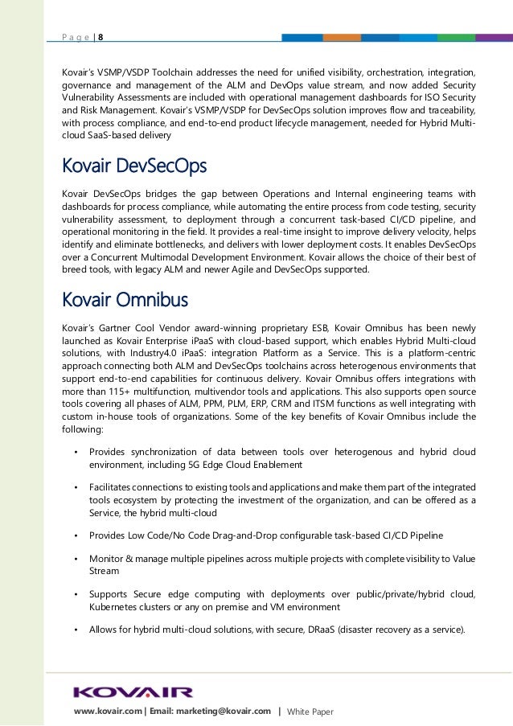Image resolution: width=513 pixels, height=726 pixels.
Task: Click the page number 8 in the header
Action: coord(100,37)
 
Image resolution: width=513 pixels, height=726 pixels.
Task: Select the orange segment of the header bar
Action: coord(343,37)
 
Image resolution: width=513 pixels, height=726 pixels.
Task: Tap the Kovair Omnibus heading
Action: coord(125,300)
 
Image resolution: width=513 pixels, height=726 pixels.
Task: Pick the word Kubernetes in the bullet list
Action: coord(115,607)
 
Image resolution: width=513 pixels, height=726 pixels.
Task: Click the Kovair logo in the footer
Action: coord(133,692)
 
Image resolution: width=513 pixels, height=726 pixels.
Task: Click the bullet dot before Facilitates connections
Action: coord(76,488)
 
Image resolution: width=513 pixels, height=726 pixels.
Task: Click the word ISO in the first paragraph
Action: coord(431,97)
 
